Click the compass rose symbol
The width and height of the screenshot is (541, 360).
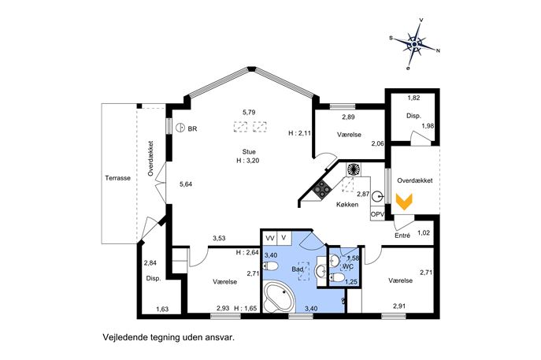(x=415, y=45)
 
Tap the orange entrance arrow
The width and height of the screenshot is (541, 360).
(x=404, y=202)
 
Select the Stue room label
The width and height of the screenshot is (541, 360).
(x=249, y=152)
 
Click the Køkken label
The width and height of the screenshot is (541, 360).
(x=347, y=204)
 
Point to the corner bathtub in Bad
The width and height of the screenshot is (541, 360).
(x=279, y=297)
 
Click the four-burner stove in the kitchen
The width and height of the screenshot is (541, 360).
(x=322, y=190)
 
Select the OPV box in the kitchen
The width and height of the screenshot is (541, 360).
(x=377, y=214)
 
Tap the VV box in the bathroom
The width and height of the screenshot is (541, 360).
(x=270, y=238)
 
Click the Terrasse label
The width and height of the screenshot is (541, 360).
(x=117, y=178)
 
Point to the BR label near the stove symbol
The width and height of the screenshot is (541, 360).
(x=192, y=128)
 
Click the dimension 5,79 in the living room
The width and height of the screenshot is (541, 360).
(x=249, y=112)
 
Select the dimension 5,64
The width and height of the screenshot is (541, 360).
(x=186, y=184)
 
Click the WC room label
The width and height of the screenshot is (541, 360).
(x=348, y=266)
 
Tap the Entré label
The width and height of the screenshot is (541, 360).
(x=402, y=236)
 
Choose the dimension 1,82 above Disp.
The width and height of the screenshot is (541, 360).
(x=413, y=98)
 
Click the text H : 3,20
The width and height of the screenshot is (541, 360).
(x=248, y=161)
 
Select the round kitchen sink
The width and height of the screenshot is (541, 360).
(x=377, y=197)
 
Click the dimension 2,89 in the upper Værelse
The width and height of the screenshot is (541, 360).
(x=348, y=117)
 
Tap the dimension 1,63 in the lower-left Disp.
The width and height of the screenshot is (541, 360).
(x=162, y=309)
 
